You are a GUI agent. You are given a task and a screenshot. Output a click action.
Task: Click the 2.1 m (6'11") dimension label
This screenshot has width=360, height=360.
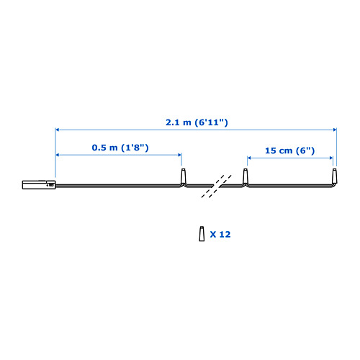coord(197,122)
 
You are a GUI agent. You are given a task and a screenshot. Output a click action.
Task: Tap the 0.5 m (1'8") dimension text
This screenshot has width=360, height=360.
coord(120,148)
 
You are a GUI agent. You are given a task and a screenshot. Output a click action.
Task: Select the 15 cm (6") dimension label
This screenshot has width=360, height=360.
coord(289,150)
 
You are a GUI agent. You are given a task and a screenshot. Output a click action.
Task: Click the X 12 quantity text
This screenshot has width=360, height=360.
coord(220,234)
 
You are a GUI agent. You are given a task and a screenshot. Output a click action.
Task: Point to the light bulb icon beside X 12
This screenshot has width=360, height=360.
coord(202,233)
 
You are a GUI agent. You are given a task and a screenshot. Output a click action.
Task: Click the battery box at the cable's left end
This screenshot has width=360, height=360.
coord(39,184)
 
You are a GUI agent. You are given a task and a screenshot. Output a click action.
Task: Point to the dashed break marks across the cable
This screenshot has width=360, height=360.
coord(216,186)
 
